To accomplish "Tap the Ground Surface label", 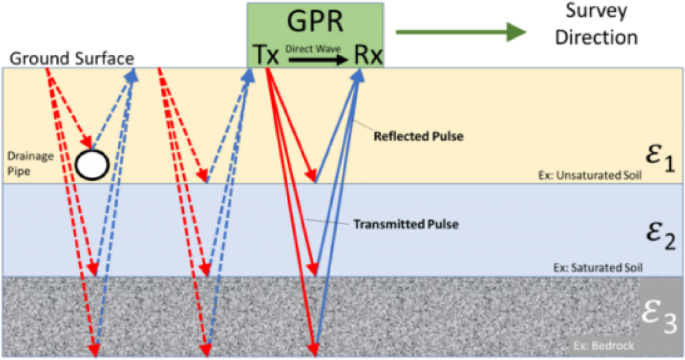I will coord(72,58).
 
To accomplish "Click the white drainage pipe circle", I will coord(93,164).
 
